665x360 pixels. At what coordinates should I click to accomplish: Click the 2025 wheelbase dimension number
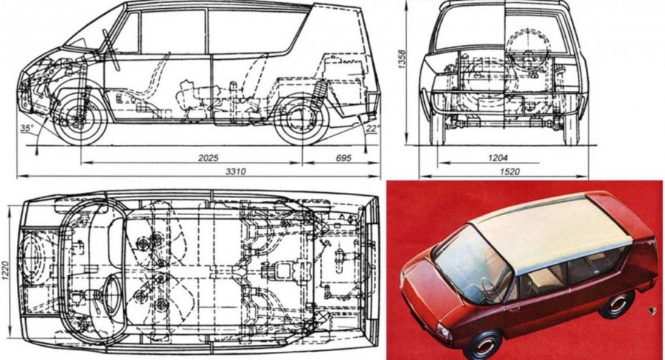click(x=208, y=158)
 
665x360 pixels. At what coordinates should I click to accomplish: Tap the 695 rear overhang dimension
click(x=344, y=158)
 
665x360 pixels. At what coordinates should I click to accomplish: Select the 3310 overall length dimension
click(x=236, y=171)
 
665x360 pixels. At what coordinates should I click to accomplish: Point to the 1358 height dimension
click(x=402, y=59)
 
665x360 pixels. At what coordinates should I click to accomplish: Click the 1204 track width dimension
click(x=497, y=158)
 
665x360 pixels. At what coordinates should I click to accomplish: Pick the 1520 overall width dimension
click(x=509, y=171)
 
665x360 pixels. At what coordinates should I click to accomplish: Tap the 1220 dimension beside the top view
click(x=5, y=269)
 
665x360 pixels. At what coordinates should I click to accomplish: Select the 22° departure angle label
click(x=372, y=128)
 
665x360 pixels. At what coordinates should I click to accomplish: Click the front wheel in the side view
click(x=80, y=118)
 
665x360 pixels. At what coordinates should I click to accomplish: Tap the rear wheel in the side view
click(x=301, y=118)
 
